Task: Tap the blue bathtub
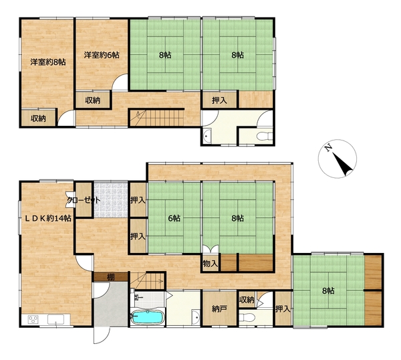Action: pyautogui.click(x=147, y=318)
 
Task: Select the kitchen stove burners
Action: pyautogui.click(x=33, y=319)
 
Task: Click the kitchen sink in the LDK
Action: pyautogui.click(x=55, y=319)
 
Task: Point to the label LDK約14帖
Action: pyautogui.click(x=48, y=218)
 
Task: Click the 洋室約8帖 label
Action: pyautogui.click(x=48, y=62)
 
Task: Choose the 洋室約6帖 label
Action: pyautogui.click(x=102, y=55)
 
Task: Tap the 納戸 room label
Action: pyautogui.click(x=219, y=309)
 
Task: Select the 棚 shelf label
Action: pyautogui.click(x=110, y=277)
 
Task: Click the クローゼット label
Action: pyautogui.click(x=84, y=200)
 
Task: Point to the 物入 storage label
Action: pyautogui.click(x=211, y=263)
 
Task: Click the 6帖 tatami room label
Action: pyautogui.click(x=174, y=218)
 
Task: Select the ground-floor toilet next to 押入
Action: pyautogui.click(x=247, y=318)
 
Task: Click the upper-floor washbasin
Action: pyautogui.click(x=207, y=136)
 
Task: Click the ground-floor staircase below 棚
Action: pyautogui.click(x=147, y=281)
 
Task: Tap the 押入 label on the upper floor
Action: pyautogui.click(x=219, y=100)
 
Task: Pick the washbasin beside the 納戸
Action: pyautogui.click(x=196, y=317)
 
